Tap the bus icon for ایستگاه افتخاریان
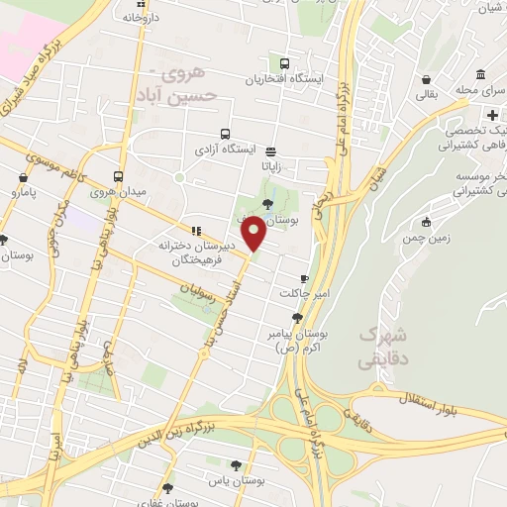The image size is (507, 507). point(286,61)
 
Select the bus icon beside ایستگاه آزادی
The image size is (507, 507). point(226,134)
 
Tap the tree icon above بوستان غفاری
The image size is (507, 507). point(166,487)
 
